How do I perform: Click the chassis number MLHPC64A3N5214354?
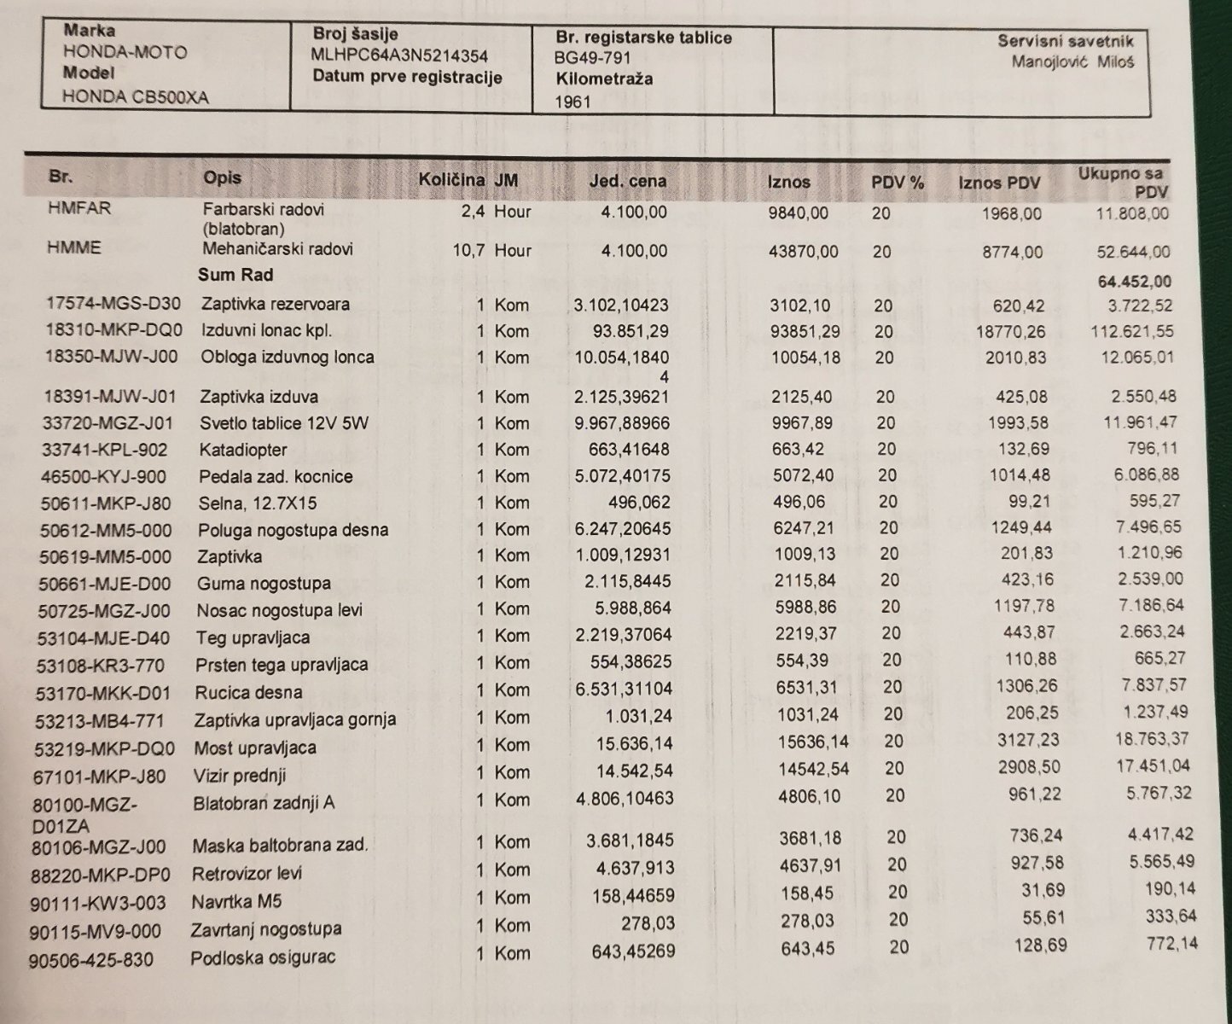point(400,56)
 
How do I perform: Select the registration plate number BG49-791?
point(592,58)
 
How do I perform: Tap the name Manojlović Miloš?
point(1072,61)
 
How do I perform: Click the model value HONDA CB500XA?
point(135,97)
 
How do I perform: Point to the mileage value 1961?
point(572,102)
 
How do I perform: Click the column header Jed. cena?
point(628,181)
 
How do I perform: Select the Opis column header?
point(222,177)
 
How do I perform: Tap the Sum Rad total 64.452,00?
point(1133,281)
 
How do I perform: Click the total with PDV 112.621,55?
point(1131,331)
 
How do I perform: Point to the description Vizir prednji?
point(241,776)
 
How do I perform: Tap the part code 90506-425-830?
point(91,960)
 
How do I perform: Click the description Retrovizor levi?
point(247,874)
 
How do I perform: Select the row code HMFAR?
point(79,208)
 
